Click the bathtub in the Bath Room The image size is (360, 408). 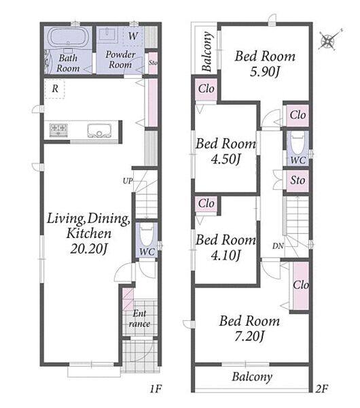coord(68,37)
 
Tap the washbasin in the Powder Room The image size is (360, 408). coord(109,35)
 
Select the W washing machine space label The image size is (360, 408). coord(133,35)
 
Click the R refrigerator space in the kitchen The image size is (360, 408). coord(55,89)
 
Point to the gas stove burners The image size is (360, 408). coord(58,130)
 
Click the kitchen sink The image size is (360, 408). coord(99,131)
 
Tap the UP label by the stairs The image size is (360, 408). coord(128,181)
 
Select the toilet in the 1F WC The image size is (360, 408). coord(147,235)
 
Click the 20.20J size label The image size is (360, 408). coord(88,250)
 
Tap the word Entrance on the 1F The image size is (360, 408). coord(139,318)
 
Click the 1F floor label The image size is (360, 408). coord(156,389)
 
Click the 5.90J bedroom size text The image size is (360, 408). coord(265,72)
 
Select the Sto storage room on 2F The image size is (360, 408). coord(298,180)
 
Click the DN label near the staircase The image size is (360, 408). coord(278,246)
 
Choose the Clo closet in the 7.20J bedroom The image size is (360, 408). coord(301,286)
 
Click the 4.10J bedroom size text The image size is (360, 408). coord(226,255)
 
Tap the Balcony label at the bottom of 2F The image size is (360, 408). coord(252,377)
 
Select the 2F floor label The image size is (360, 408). coord(321,389)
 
